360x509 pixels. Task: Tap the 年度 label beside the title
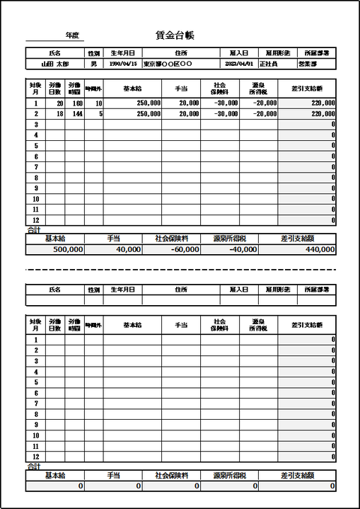pyautogui.click(x=73, y=35)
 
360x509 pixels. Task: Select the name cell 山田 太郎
pyautogui.click(x=54, y=63)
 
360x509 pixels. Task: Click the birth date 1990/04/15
pyautogui.click(x=122, y=63)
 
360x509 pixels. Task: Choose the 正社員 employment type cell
pyautogui.click(x=269, y=63)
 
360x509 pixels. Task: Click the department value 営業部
pyautogui.click(x=318, y=63)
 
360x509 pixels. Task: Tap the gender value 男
pyautogui.click(x=93, y=63)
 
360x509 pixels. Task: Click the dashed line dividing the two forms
pyautogui.click(x=180, y=270)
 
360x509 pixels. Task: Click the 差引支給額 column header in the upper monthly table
pyautogui.click(x=307, y=88)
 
